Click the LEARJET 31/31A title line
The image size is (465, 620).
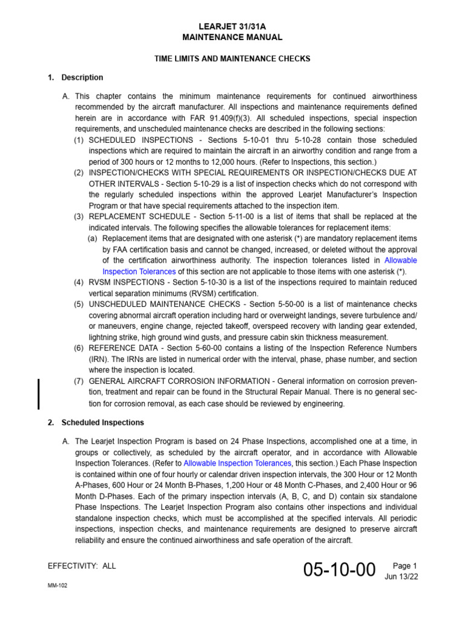pyautogui.click(x=232, y=27)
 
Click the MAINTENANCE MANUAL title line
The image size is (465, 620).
pyautogui.click(x=232, y=38)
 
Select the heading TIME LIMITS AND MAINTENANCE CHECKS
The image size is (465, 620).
pyautogui.click(x=232, y=59)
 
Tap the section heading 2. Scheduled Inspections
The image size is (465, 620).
pyautogui.click(x=96, y=422)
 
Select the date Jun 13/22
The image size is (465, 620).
pyautogui.click(x=401, y=576)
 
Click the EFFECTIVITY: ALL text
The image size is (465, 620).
pyautogui.click(x=81, y=566)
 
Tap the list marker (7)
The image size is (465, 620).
pyautogui.click(x=79, y=381)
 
